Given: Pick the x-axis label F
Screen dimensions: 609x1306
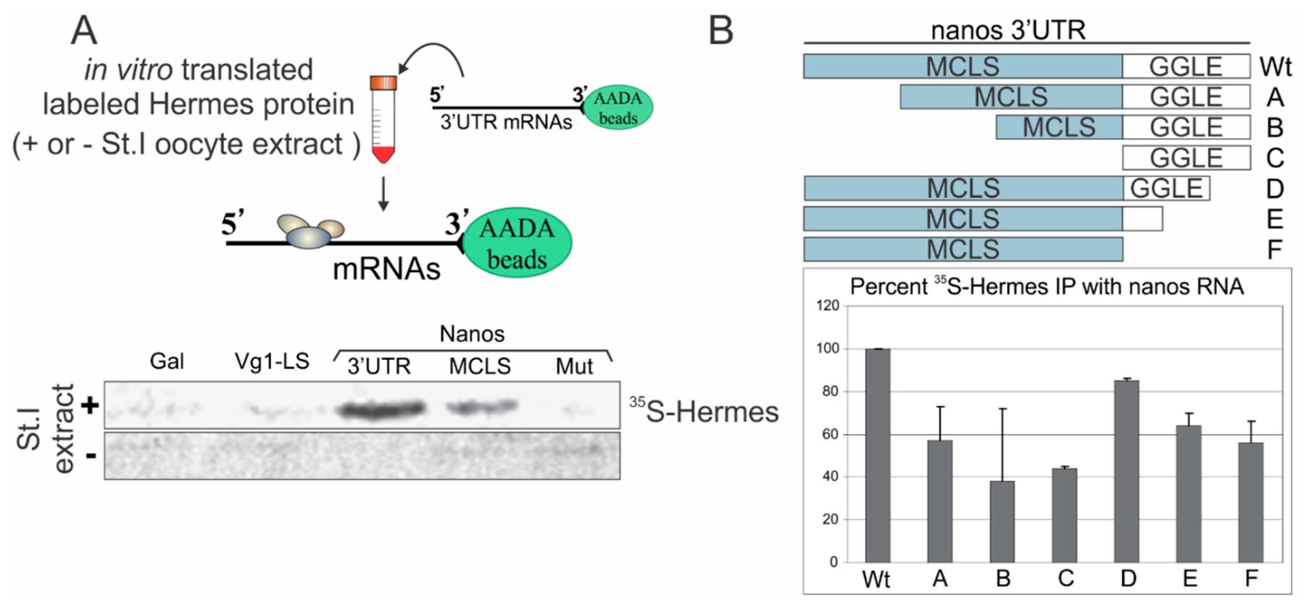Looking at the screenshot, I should coord(1251,578).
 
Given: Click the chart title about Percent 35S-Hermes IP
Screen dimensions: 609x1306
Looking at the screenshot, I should coord(1046,286).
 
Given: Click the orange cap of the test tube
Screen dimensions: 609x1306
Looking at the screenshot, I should coord(383,82).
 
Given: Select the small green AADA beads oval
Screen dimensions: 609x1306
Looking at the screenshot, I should coord(618,108).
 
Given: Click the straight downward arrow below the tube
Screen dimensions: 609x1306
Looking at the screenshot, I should coord(383,194).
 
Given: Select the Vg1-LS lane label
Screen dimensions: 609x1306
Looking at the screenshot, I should coord(272,362).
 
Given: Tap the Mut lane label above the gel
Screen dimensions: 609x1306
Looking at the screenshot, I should coord(574,366).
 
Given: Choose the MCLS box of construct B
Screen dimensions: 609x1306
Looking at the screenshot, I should coord(1059,127).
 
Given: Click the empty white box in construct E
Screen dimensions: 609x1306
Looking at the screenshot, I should coord(1142,219).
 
